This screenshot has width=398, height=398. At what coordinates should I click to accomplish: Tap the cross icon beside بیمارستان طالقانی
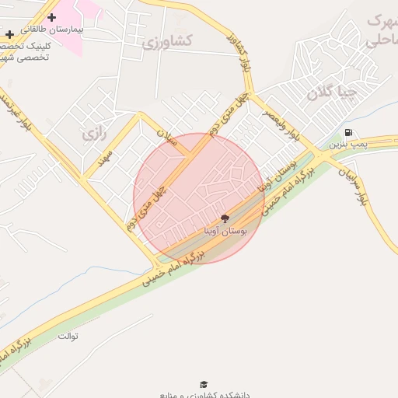pos(51,17)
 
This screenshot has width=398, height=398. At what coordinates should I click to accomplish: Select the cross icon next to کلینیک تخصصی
pos(9,34)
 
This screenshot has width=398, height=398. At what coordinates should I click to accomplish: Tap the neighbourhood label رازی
pos(92,134)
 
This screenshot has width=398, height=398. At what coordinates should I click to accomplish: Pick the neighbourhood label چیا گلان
pos(331,94)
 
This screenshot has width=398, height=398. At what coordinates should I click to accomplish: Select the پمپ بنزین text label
pos(345,144)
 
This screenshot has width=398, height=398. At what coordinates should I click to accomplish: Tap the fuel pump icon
pos(347,132)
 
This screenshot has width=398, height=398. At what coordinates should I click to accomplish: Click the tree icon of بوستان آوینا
pos(225,219)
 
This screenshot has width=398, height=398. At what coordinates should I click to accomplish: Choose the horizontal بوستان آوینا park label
pos(225,232)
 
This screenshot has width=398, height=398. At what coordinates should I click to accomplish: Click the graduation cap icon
pos(204,384)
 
